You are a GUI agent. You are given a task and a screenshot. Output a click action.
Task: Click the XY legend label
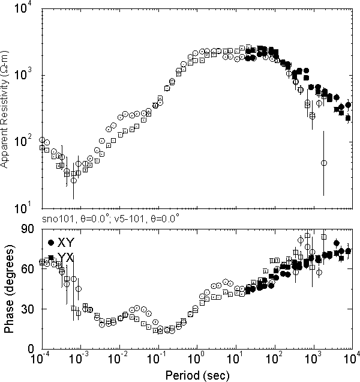[x=66, y=243]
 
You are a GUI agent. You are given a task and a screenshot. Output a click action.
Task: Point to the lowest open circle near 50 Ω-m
[x=324, y=163]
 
